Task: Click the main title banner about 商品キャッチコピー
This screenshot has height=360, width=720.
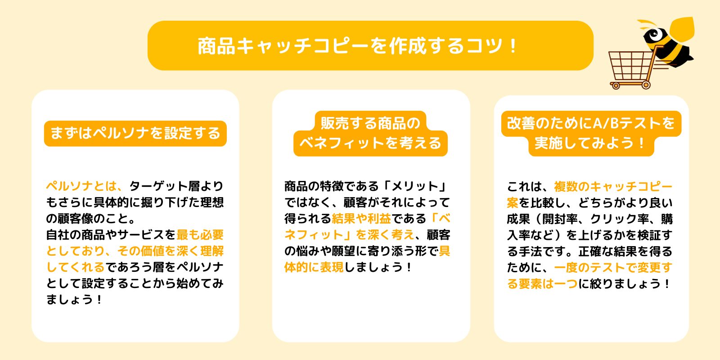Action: click(370, 45)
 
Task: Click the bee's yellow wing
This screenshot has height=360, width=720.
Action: click(682, 29)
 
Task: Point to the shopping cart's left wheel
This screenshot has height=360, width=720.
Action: click(615, 85)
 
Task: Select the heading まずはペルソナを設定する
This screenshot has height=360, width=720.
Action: click(135, 133)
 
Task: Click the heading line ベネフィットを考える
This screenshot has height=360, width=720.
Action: click(370, 144)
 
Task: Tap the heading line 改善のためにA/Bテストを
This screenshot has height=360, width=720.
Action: click(591, 123)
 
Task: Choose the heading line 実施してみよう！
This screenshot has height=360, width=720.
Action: click(591, 144)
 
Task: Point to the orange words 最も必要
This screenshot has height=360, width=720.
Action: click(200, 235)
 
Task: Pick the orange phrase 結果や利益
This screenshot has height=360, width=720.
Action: click(361, 219)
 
